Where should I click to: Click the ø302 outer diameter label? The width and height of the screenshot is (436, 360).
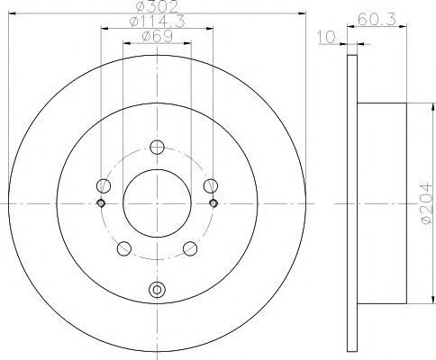click(157, 6)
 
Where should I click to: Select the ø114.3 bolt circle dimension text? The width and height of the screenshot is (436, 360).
click(157, 22)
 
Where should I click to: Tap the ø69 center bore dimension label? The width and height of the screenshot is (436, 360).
click(157, 37)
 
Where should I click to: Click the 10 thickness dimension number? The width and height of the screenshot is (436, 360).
click(326, 38)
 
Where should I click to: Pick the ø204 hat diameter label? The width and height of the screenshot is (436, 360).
click(426, 203)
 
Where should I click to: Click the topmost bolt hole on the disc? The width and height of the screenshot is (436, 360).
click(157, 147)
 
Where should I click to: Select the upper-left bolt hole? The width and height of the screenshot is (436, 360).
click(104, 185)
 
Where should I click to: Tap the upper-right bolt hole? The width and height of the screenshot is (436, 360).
click(211, 185)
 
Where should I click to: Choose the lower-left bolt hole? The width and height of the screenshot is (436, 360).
click(124, 248)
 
